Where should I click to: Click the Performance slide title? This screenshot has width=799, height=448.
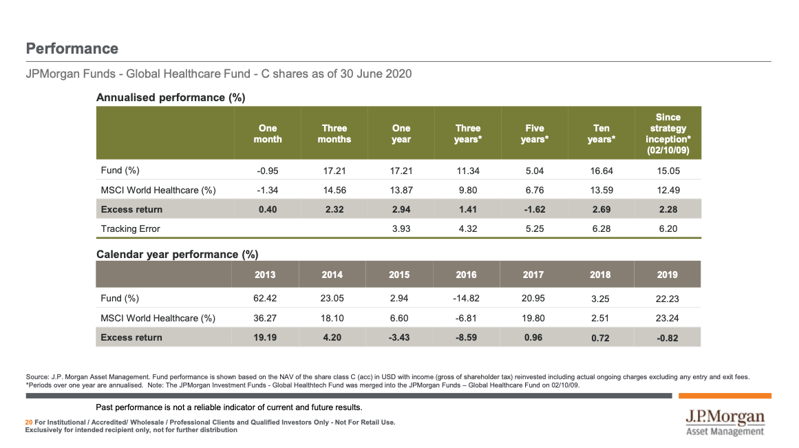72,49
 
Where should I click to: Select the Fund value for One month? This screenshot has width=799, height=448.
268,171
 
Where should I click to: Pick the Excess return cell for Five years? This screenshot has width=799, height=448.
534,209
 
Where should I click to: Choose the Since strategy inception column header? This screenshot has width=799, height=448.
667,134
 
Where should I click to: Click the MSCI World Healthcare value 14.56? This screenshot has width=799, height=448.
334,190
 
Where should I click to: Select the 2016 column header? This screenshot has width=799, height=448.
466,275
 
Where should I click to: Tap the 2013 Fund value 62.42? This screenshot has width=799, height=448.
265,299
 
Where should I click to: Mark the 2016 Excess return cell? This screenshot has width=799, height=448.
466,337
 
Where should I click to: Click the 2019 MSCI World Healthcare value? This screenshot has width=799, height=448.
667,318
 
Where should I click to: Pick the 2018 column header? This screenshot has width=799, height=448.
600,275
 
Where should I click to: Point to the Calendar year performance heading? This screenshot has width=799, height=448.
177,255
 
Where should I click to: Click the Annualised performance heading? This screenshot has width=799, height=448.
171,98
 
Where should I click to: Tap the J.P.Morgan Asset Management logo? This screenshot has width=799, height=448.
725,423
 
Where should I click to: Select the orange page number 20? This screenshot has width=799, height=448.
28,422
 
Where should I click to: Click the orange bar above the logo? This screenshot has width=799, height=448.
725,396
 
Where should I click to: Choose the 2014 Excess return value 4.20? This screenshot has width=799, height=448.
332,337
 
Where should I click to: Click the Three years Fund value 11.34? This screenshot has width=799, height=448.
467,171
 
